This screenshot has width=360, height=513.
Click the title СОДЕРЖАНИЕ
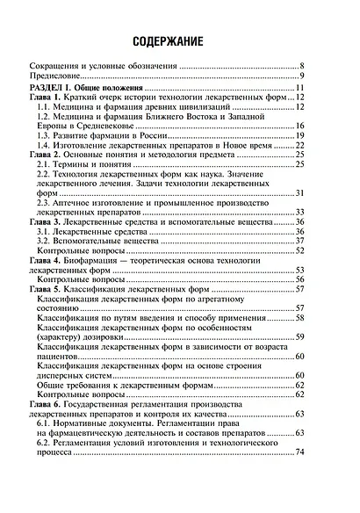[180, 42]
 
